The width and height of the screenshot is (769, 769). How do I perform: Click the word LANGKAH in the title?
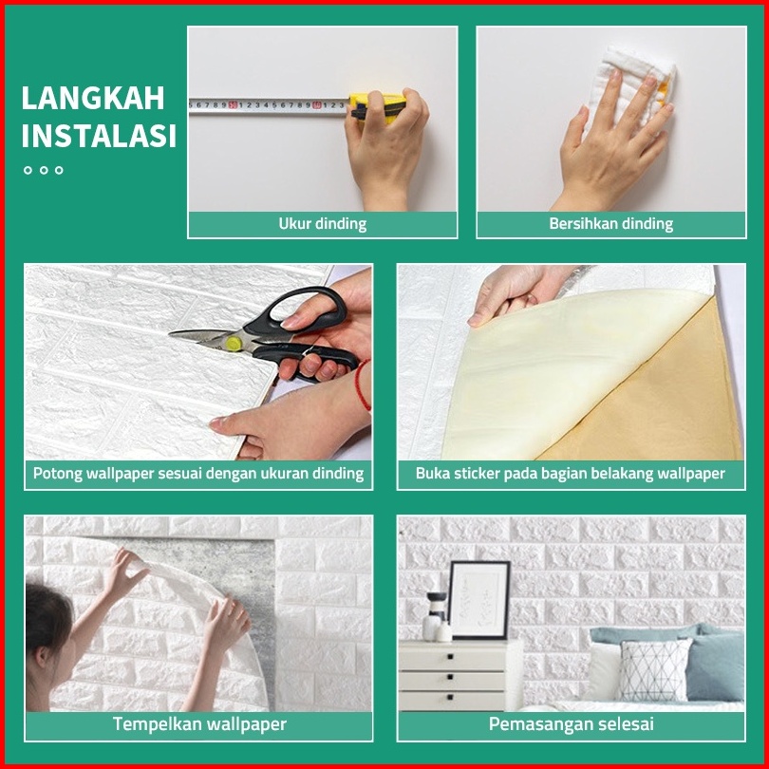[93, 98]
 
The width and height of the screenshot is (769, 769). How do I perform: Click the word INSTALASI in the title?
[99, 136]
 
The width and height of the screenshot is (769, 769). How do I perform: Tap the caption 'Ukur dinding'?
[322, 224]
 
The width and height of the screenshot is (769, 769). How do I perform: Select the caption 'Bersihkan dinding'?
[610, 224]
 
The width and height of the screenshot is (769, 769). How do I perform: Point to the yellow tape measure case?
[378, 106]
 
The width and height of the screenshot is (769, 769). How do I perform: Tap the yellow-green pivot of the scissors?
[234, 344]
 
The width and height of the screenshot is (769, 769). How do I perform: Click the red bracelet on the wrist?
[363, 385]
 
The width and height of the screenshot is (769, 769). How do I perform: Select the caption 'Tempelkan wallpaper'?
[199, 723]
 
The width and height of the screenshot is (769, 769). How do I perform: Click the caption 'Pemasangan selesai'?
[571, 723]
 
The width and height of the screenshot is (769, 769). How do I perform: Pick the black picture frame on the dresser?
[479, 600]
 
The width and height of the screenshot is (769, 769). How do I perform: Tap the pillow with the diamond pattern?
[656, 670]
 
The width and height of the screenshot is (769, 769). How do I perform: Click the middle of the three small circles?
[44, 170]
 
